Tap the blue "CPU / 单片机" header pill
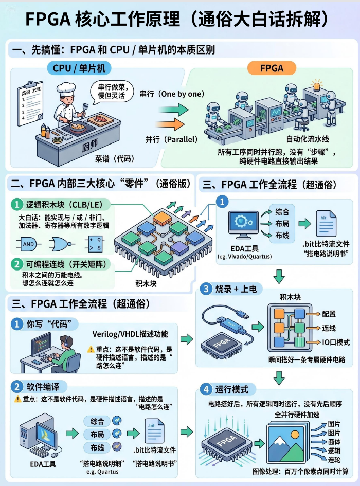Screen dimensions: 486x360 (x=82, y=67)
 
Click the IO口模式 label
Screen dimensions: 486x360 (x=336, y=342)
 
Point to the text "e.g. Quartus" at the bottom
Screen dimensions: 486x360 (x=103, y=471)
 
